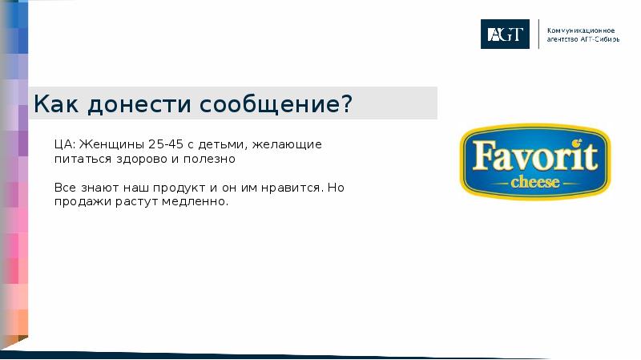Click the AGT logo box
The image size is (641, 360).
tap(505, 34)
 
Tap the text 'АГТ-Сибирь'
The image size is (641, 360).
tap(598, 39)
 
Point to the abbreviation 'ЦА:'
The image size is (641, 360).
tap(65, 144)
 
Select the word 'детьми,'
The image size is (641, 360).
tap(225, 144)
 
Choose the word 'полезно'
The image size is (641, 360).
tap(211, 159)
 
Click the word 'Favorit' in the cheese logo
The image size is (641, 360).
tap(534, 155)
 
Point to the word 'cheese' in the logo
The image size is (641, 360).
tap(534, 182)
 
